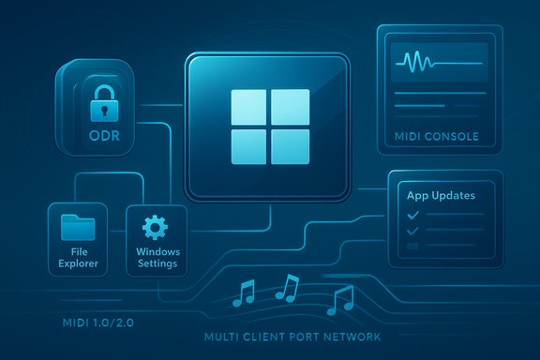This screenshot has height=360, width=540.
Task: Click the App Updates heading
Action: tap(441, 197)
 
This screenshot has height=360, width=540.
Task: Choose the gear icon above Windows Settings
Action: tap(155, 227)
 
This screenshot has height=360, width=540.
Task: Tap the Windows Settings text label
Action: tap(157, 259)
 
